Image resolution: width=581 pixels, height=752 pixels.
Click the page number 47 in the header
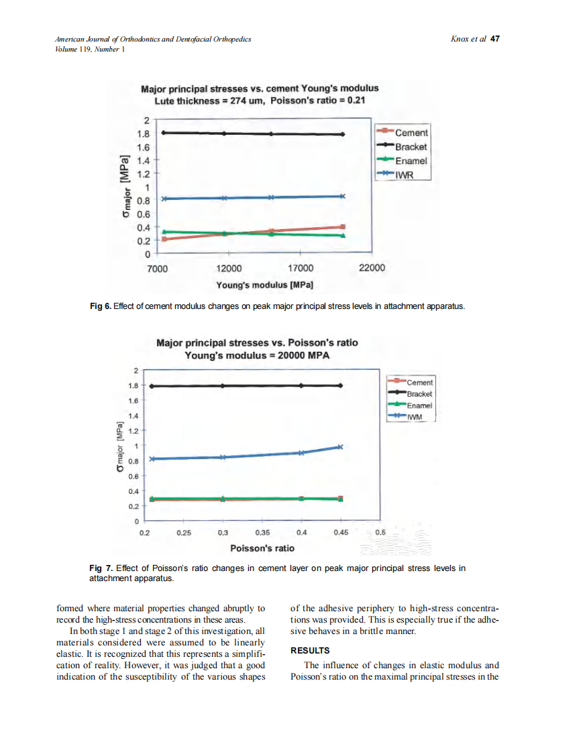(495, 40)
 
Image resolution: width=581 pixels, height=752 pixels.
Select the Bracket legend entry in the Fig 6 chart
(411, 147)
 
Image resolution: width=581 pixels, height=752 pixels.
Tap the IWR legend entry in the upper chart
(405, 174)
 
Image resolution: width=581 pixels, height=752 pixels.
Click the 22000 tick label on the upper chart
(372, 268)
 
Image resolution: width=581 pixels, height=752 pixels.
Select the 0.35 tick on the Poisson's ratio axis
(262, 533)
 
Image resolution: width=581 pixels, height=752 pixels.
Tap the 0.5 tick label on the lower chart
(380, 533)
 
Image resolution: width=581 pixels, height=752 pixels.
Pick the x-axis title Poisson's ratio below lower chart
(262, 548)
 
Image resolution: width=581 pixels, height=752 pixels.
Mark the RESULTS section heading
(310, 651)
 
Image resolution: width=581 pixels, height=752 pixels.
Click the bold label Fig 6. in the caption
(100, 306)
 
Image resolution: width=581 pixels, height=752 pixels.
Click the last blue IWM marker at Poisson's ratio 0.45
(341, 447)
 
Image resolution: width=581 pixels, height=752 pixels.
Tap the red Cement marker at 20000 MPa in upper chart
(343, 227)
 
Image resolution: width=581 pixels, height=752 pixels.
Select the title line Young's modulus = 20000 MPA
(257, 355)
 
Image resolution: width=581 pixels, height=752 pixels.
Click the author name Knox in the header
(463, 40)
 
